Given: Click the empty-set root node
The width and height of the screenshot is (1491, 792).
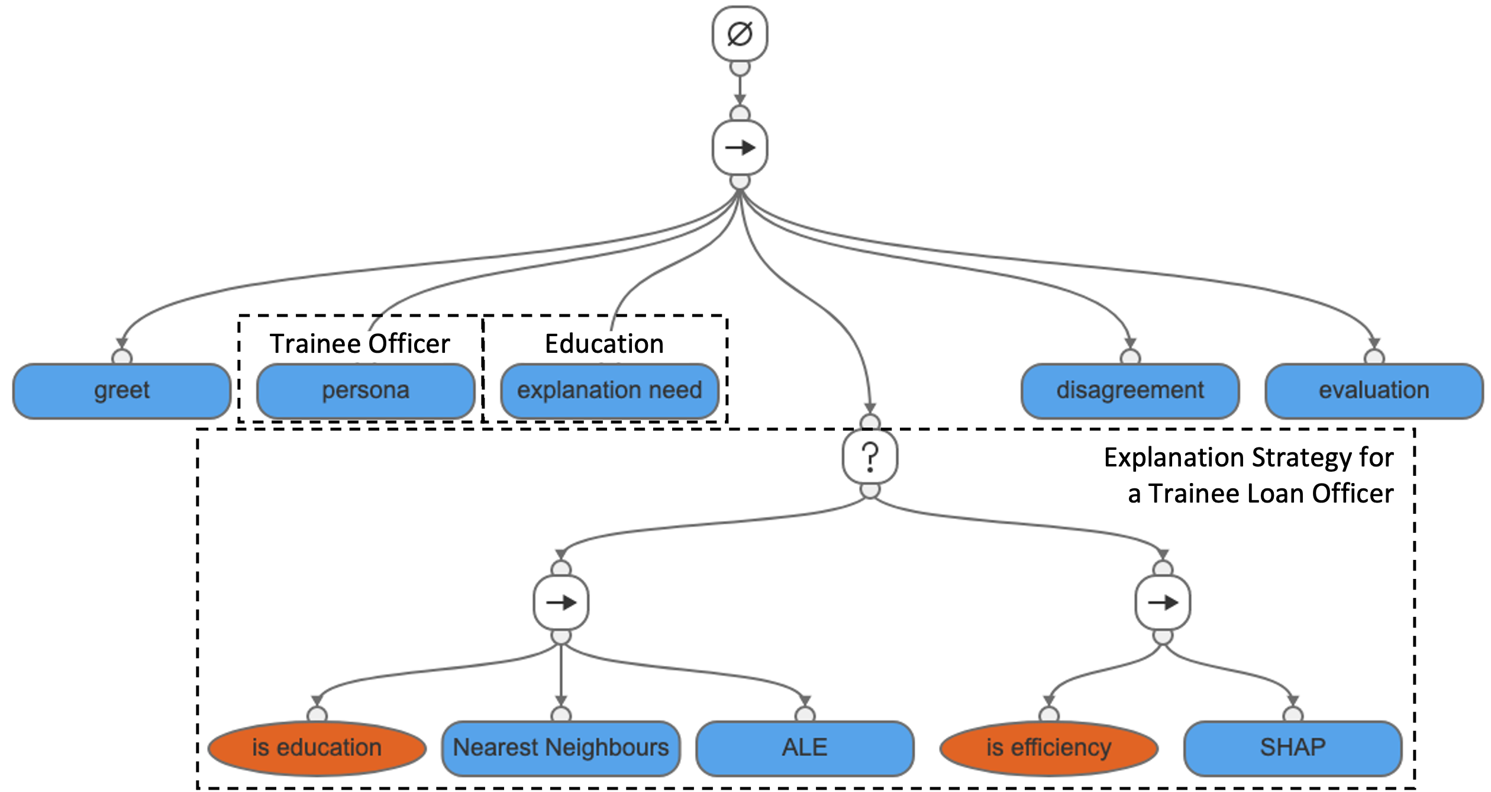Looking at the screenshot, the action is [740, 34].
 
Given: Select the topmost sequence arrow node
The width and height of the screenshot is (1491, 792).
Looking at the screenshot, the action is [740, 147].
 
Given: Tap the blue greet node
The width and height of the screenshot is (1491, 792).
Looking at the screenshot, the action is [122, 391].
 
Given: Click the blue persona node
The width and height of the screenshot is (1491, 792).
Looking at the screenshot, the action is [366, 391].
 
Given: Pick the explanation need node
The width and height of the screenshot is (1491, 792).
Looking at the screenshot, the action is [609, 391].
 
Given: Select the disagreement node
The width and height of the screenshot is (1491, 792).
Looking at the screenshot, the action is [1130, 391].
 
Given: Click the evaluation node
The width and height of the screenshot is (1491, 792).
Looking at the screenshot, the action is [1374, 391].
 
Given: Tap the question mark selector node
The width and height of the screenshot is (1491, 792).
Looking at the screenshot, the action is [870, 457].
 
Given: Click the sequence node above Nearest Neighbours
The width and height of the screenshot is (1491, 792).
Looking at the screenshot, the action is [561, 603].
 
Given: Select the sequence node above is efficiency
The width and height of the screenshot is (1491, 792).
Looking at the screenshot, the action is [1163, 603].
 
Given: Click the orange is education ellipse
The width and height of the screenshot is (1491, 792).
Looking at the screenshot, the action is [317, 748].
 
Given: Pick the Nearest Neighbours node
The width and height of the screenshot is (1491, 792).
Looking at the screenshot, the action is [561, 748].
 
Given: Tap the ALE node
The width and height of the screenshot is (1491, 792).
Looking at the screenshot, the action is [805, 748].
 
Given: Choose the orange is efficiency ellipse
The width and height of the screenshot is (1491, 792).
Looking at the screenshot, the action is [1049, 748].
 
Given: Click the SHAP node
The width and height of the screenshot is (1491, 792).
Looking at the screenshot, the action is [1293, 748].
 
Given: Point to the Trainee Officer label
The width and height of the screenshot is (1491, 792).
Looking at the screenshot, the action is [360, 344].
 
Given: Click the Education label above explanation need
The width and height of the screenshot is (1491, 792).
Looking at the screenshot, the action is [604, 344].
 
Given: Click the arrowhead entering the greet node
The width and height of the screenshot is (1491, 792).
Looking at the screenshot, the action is [122, 343].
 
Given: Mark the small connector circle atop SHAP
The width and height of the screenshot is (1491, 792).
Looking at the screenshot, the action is [1293, 714].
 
